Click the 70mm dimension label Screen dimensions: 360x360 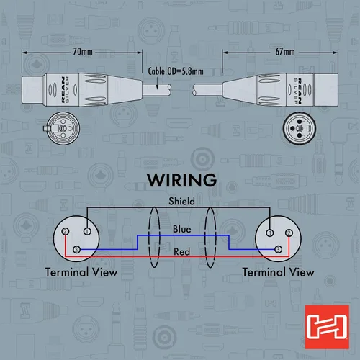(x=83, y=52)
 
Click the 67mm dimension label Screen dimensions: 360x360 (x=285, y=52)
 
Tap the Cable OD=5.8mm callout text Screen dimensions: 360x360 (x=176, y=71)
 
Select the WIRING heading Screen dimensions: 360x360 (x=181, y=180)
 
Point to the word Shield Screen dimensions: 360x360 (x=181, y=201)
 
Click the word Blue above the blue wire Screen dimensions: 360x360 (x=182, y=229)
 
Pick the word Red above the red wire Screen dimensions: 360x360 (x=182, y=252)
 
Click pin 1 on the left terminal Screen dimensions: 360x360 (x=87, y=231)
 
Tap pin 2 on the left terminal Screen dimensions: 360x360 (x=66, y=231)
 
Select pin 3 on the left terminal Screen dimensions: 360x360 (x=76, y=250)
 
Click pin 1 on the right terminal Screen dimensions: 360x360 (x=270, y=233)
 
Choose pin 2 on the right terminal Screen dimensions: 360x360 (x=289, y=233)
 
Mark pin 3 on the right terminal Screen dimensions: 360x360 (x=278, y=250)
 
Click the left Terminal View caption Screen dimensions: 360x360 (x=81, y=272)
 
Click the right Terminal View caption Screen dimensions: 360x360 (x=279, y=272)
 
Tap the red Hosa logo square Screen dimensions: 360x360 (x=327, y=327)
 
